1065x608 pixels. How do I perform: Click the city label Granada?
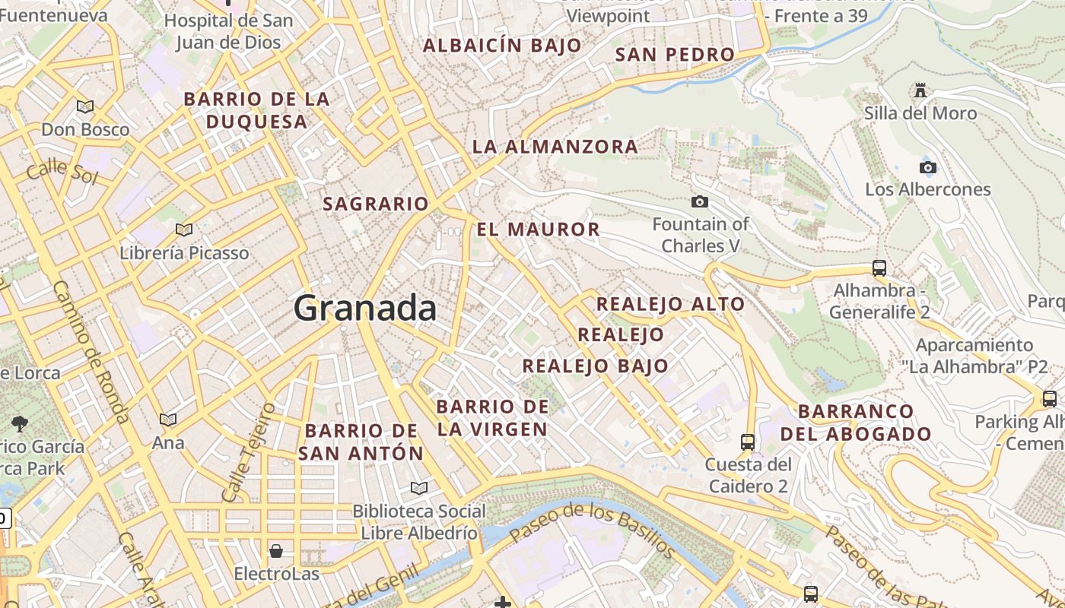[x=365, y=309]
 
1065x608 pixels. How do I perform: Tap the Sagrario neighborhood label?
[x=376, y=204]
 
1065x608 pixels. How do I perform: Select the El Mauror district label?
[x=539, y=229]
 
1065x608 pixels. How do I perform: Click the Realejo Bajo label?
[x=595, y=366]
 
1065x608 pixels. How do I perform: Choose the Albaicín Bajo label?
[x=502, y=46]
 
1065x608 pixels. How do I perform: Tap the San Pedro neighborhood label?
[x=675, y=55]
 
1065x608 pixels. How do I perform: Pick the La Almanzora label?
[x=555, y=147]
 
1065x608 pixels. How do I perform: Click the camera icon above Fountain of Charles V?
[x=700, y=201]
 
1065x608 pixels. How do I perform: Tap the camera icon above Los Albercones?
[x=927, y=167]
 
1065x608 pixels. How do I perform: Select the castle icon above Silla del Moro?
[x=920, y=91]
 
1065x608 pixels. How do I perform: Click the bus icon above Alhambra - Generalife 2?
[x=879, y=268]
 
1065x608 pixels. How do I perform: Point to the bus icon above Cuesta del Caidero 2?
[x=748, y=442]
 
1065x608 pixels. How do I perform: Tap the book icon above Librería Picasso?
[x=183, y=230]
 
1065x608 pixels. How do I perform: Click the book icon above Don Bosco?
[x=85, y=107]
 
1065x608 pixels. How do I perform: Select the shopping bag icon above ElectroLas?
[x=275, y=550]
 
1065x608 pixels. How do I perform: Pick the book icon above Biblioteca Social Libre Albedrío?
[x=418, y=488]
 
